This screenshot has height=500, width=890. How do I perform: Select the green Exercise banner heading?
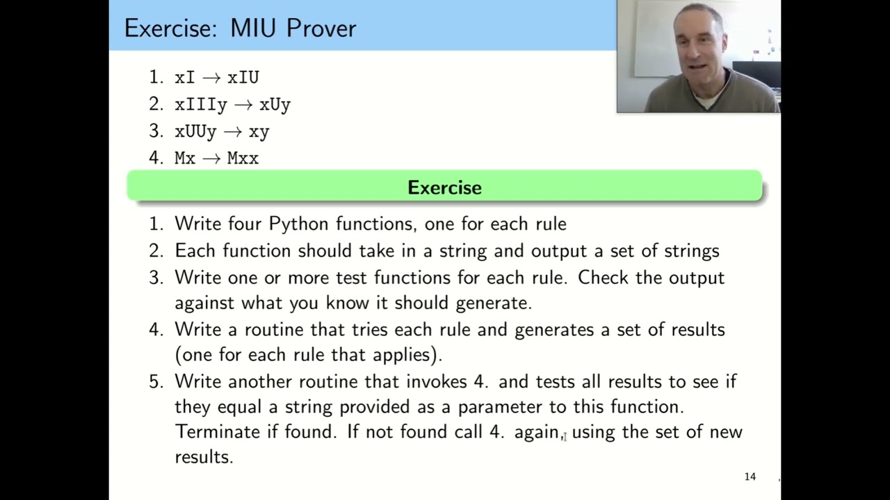pos(444,187)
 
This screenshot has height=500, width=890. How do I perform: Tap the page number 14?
pos(750,476)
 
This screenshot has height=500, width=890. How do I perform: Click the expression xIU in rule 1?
pos(243,78)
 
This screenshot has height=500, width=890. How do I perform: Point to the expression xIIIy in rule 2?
pos(201,105)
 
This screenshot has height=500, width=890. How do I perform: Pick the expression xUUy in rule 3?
pos(195,131)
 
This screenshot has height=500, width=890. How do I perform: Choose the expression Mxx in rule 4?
pos(243,158)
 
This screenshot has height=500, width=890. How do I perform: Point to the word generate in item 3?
pos(493,303)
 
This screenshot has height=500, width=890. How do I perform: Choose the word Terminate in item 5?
pos(217,432)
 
